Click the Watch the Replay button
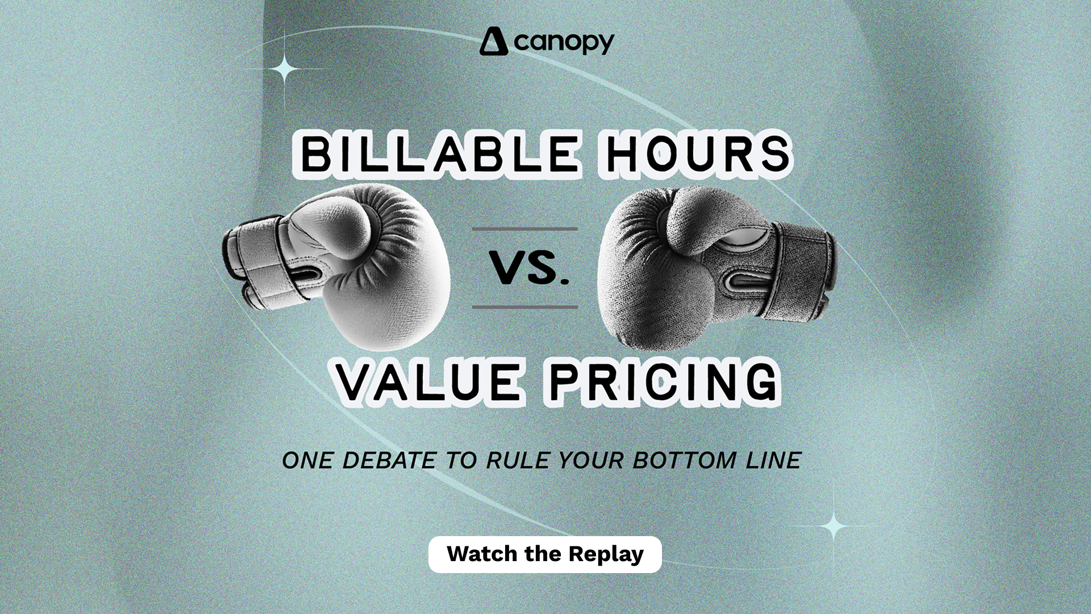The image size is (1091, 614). (x=545, y=554)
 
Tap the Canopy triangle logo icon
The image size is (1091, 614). (x=493, y=42)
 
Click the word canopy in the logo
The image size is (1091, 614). (x=564, y=43)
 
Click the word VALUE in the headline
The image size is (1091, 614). (x=428, y=381)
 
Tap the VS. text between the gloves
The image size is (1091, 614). (x=529, y=268)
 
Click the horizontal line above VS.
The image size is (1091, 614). (x=525, y=229)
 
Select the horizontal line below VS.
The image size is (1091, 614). (x=525, y=307)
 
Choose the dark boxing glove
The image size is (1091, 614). (x=716, y=267)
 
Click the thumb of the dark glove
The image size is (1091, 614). (x=710, y=219)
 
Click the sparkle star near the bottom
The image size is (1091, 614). (x=834, y=526)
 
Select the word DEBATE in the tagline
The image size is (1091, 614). (x=390, y=460)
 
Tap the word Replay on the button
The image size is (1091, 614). (x=606, y=554)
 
